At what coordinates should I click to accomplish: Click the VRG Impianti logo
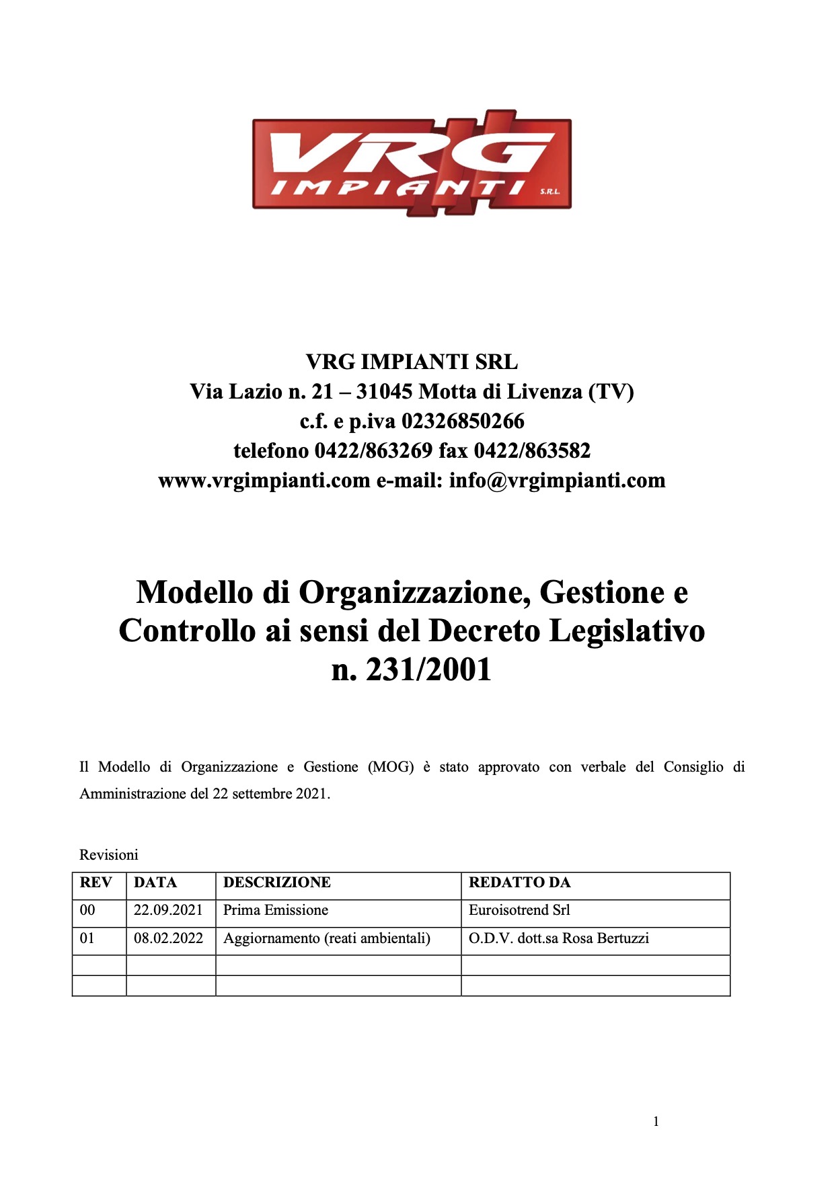pyautogui.click(x=412, y=163)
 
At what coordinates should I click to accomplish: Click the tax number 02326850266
pyautogui.click(x=463, y=421)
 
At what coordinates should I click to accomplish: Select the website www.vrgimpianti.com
pyautogui.click(x=264, y=481)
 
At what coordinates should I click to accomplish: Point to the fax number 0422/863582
pyautogui.click(x=532, y=451)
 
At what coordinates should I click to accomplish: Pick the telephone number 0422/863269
pyautogui.click(x=373, y=451)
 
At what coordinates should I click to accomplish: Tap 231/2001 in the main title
pyautogui.click(x=429, y=669)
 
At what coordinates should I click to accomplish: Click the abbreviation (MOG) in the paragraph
pyautogui.click(x=391, y=767)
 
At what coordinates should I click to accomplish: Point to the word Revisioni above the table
pyautogui.click(x=109, y=855)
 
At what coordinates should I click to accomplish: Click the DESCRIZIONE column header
pyautogui.click(x=277, y=883)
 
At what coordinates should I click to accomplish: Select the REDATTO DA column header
pyautogui.click(x=519, y=883)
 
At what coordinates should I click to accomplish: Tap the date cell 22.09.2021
pyautogui.click(x=168, y=910)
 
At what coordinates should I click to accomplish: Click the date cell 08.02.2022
pyautogui.click(x=168, y=938)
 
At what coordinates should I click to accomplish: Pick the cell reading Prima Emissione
pyautogui.click(x=276, y=910)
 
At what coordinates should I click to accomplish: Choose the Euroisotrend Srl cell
pyautogui.click(x=519, y=910)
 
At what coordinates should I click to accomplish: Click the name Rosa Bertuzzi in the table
pyautogui.click(x=605, y=938)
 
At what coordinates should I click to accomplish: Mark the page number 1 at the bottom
pyautogui.click(x=656, y=1121)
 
